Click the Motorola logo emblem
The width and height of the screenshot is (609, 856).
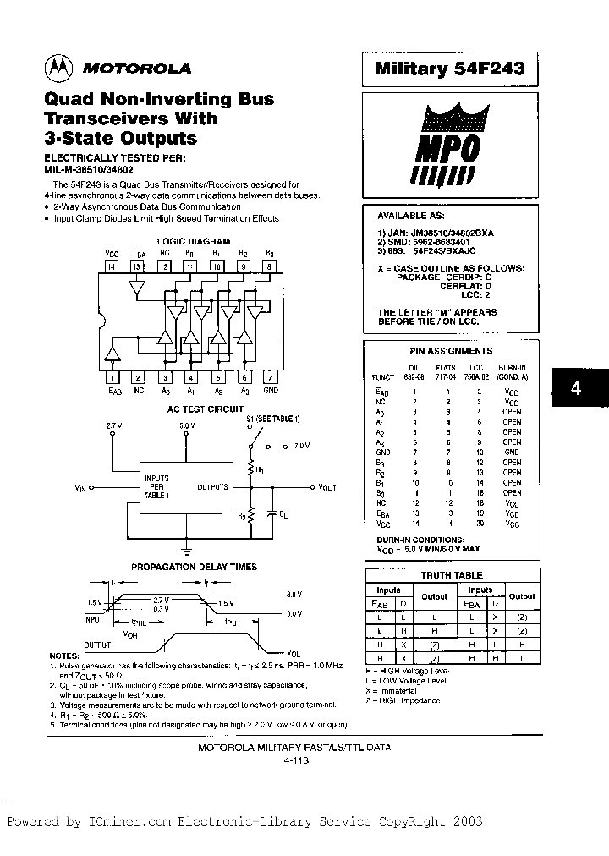(58, 68)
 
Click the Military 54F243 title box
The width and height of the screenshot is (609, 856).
(450, 69)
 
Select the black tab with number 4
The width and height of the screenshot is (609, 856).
(576, 389)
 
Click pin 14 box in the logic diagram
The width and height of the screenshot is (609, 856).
(112, 267)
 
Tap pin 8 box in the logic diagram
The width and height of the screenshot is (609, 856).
(270, 267)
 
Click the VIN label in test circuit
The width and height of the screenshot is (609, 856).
(80, 488)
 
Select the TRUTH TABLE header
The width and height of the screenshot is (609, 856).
(452, 575)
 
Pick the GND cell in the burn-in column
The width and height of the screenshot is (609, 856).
(512, 453)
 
